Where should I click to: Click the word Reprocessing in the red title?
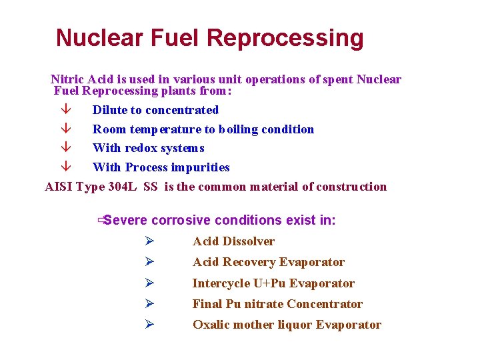pyautogui.click(x=286, y=38)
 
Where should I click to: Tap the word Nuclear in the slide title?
pyautogui.click(x=99, y=38)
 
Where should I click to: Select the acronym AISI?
pyautogui.click(x=59, y=187)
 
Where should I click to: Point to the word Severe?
pyautogui.click(x=126, y=220)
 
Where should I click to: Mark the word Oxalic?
pyautogui.click(x=209, y=325)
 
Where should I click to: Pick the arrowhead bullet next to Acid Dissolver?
pyautogui.click(x=149, y=241)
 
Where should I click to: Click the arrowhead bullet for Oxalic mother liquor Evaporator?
pyautogui.click(x=149, y=325)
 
